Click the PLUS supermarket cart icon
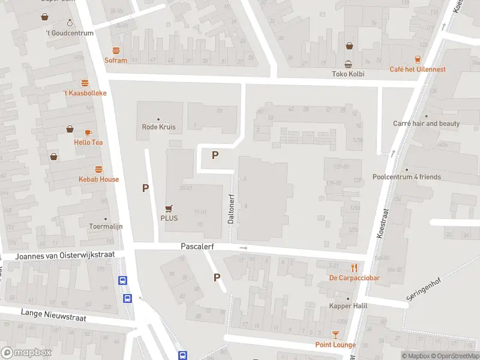point(169,208)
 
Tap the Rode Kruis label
point(158,127)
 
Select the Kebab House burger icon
point(98,170)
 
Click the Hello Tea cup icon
point(88,133)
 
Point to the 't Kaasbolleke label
point(85,93)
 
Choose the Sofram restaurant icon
point(116,50)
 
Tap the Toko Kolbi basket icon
point(348,65)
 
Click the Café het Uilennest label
point(418,70)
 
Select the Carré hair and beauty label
point(426,124)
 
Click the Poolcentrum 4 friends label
point(406,177)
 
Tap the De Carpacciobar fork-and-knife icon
point(355,268)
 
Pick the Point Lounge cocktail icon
point(335,335)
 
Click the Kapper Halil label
point(348,306)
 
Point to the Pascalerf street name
point(197,247)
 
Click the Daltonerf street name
point(230,208)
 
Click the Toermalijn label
point(106,227)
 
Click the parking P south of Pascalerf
point(217,277)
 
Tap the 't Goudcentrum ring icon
point(70,23)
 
